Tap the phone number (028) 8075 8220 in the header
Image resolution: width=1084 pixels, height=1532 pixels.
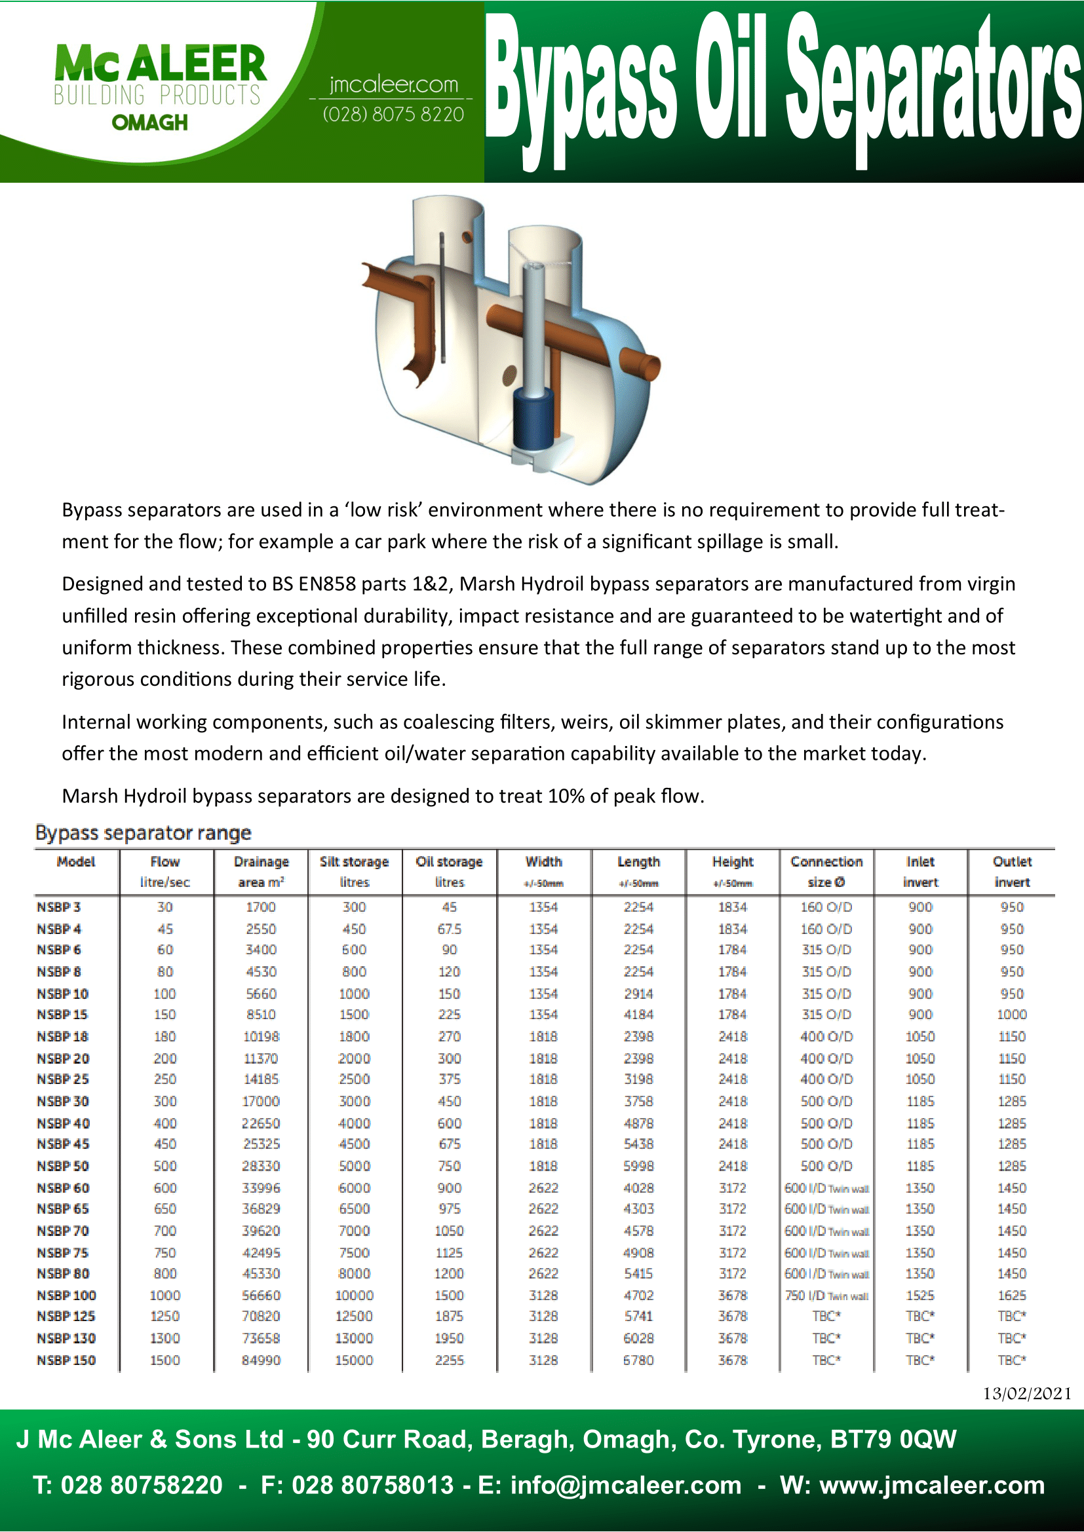[393, 115]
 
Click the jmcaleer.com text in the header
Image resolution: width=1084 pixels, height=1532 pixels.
[394, 84]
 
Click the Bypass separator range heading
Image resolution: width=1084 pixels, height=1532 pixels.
[143, 832]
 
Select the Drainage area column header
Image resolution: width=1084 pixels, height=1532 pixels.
[261, 871]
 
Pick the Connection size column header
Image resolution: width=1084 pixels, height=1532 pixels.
[826, 871]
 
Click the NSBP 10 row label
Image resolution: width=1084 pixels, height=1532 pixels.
[63, 994]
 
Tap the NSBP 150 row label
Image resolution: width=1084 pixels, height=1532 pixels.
[66, 1360]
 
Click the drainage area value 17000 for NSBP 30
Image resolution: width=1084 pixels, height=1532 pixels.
[261, 1101]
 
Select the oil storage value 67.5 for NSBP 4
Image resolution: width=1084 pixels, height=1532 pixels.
[449, 929]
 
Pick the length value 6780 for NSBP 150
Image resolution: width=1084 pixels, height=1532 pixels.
[638, 1360]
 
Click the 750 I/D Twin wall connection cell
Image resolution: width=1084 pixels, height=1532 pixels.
[826, 1295]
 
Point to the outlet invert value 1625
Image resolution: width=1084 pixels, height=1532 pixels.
[1012, 1295]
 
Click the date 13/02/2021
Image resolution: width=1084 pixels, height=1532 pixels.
[1026, 1393]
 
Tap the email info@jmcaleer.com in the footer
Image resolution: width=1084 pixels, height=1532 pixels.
[625, 1485]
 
